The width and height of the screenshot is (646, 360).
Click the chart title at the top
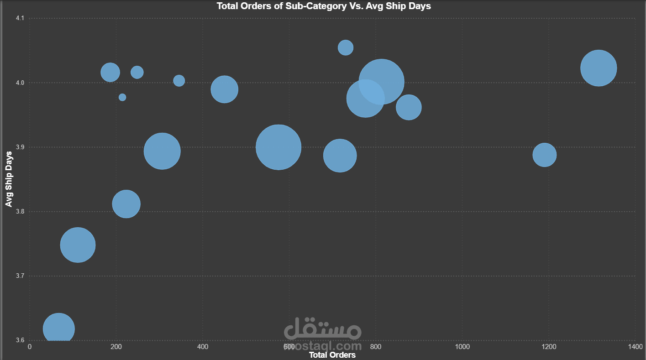click(324, 6)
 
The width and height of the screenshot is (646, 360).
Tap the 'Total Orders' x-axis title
click(332, 355)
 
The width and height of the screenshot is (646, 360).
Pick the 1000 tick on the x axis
click(462, 347)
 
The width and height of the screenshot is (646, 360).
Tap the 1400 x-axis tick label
click(635, 347)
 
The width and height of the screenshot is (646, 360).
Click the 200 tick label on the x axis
click(116, 347)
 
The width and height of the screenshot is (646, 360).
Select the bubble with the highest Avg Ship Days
click(346, 47)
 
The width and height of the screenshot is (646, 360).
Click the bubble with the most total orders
click(599, 68)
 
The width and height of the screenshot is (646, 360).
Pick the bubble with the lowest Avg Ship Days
click(58, 328)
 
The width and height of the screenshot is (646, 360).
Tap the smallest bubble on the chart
click(122, 97)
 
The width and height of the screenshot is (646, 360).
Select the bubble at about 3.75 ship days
click(78, 245)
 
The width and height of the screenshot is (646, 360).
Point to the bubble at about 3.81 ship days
click(126, 204)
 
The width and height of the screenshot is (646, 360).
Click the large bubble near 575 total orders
click(278, 147)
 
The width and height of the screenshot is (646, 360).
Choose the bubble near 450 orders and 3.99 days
click(224, 89)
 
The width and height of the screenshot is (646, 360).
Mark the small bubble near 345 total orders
click(179, 81)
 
